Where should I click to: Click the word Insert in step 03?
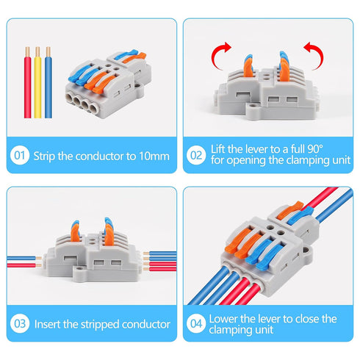click(x=48, y=323)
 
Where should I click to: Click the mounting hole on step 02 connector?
click(x=253, y=115)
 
